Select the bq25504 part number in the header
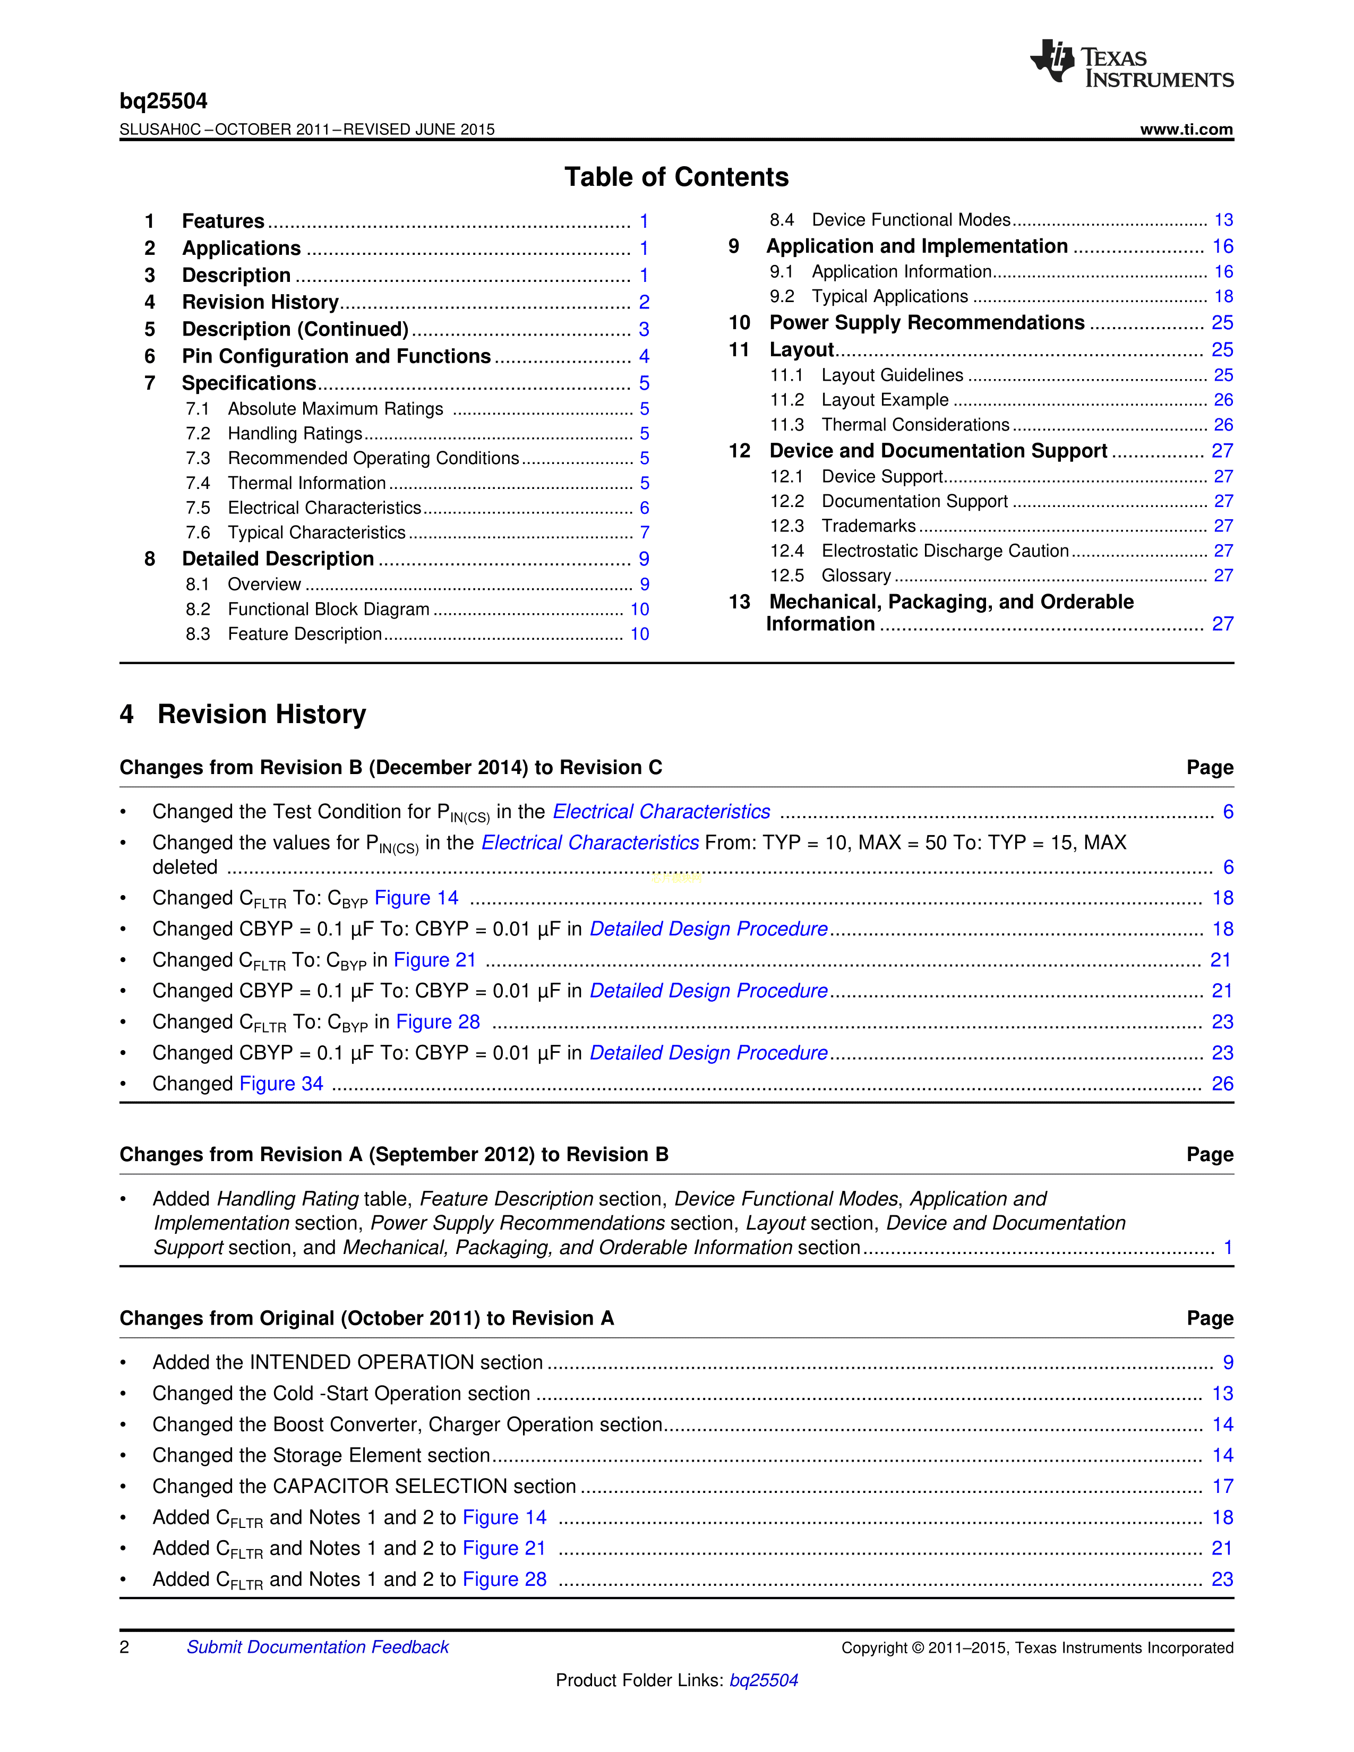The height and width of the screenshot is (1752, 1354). pyautogui.click(x=164, y=101)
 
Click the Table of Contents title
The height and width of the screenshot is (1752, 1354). pyautogui.click(x=676, y=177)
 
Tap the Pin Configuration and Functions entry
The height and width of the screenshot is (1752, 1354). pyautogui.click(x=336, y=356)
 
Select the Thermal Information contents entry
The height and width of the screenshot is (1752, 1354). pyautogui.click(x=306, y=483)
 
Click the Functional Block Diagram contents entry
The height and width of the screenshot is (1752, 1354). pyautogui.click(x=328, y=609)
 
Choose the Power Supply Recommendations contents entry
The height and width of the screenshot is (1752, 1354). pyautogui.click(x=927, y=322)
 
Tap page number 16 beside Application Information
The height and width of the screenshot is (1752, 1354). pyautogui.click(x=1222, y=272)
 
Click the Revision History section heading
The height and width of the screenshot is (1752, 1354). pyautogui.click(x=261, y=714)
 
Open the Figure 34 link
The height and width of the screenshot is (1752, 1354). pyautogui.click(x=281, y=1084)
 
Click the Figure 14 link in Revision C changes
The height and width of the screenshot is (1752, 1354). pyautogui.click(x=416, y=898)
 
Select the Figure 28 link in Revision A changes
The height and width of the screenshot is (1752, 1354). pyautogui.click(x=504, y=1579)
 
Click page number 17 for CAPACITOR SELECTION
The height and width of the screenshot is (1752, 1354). pyautogui.click(x=1222, y=1487)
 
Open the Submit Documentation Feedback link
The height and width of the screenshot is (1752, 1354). pyautogui.click(x=318, y=1647)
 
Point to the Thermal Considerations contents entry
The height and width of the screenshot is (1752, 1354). pyautogui.click(x=915, y=425)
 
